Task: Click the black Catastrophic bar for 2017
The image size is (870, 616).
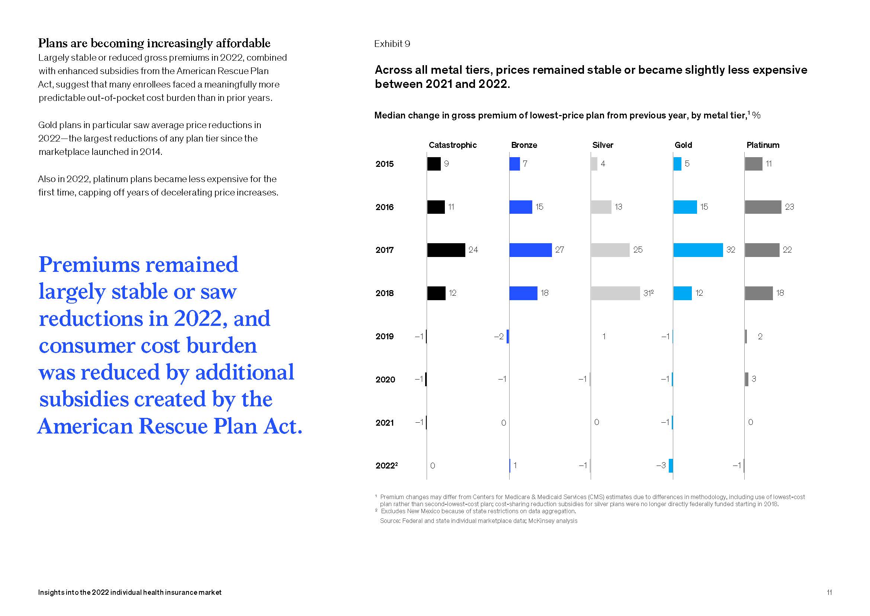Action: pos(446,250)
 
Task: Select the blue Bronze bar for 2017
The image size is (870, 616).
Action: pos(530,250)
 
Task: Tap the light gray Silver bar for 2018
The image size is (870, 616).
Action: pos(615,293)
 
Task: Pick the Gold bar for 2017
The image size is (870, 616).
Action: pos(698,250)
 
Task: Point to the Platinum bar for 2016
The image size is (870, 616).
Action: pos(763,207)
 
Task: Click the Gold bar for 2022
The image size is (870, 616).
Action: pos(671,466)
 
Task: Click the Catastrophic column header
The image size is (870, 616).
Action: pos(452,145)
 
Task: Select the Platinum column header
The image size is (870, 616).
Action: pos(763,145)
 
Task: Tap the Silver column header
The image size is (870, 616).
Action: pos(603,145)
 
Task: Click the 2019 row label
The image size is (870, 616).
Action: pos(385,336)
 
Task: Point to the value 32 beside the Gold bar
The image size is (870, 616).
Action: pos(731,250)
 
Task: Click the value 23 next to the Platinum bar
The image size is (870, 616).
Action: pos(789,207)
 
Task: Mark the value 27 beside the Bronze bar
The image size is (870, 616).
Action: pos(559,250)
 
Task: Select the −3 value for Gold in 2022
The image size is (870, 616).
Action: pos(661,466)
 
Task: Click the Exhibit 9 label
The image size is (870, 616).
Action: pos(392,44)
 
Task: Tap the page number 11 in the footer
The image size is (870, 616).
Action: pos(829,593)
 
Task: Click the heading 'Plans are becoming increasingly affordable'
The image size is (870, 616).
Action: pos(154,43)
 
